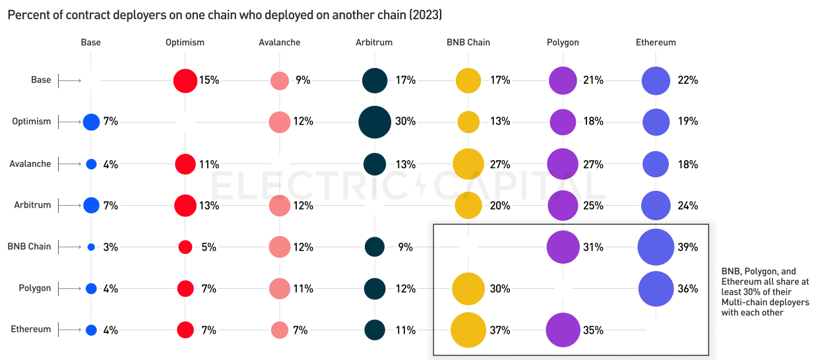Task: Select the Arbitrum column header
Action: pos(374,42)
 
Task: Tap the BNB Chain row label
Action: pos(29,247)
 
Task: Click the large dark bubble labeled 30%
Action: pos(374,122)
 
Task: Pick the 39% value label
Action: pos(687,247)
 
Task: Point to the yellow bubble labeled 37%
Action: pos(468,330)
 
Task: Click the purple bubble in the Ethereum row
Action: pos(563,330)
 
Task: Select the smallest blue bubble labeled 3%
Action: pos(91,247)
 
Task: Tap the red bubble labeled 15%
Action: pos(185,80)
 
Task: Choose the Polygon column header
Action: pos(563,42)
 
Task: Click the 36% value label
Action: pos(687,289)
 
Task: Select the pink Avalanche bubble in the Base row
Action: pos(280,80)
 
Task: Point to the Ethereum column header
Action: pos(656,42)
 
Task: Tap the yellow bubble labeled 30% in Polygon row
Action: pos(468,289)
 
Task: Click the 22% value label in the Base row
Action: pos(687,80)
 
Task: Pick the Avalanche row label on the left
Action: pos(30,164)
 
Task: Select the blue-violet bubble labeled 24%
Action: pos(656,205)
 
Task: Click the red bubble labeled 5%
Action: pos(185,247)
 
